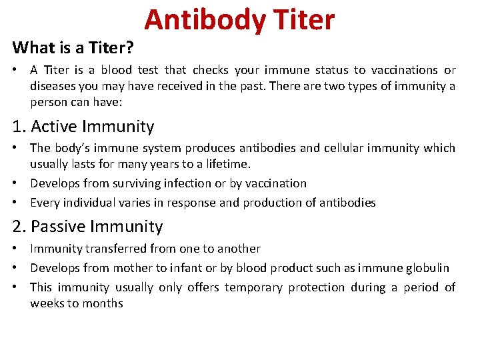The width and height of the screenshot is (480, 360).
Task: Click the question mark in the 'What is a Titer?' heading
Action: click(130, 48)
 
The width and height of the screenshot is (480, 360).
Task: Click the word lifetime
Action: click(227, 164)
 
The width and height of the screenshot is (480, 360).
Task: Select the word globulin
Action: click(427, 268)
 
